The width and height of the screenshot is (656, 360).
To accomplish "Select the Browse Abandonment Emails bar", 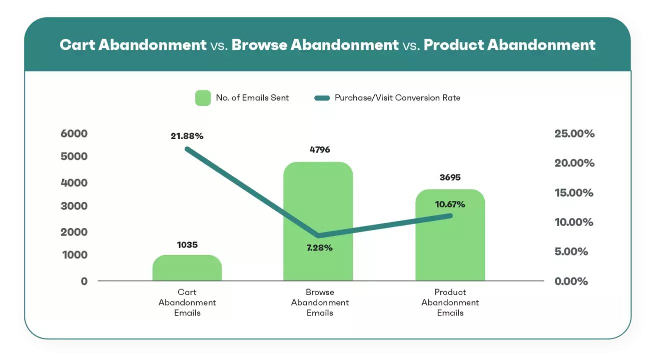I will click(318, 210).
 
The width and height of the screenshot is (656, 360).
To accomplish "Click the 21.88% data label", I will click(187, 135).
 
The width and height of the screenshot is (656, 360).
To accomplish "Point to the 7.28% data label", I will click(319, 247).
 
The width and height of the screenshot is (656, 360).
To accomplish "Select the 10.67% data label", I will click(450, 204).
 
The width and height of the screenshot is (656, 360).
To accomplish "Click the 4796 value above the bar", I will click(320, 149).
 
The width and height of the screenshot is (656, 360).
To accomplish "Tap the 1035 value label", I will click(187, 245).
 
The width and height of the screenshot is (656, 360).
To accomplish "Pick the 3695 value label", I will click(450, 177).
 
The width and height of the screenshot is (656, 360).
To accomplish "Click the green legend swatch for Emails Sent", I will click(203, 98).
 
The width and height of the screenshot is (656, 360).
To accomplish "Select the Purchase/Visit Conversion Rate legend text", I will click(397, 98).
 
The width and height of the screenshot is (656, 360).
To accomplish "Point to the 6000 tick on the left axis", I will click(74, 133).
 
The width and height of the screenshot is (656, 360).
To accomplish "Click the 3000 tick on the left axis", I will click(74, 206).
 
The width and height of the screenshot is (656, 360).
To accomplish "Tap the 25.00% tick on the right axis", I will click(574, 133).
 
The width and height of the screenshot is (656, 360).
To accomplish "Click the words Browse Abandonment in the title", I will click(315, 45).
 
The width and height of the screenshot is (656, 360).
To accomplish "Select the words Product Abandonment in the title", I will click(509, 45).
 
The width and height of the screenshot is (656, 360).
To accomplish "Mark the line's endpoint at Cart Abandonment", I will click(187, 149).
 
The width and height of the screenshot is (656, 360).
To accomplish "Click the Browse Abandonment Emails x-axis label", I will click(320, 302).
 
